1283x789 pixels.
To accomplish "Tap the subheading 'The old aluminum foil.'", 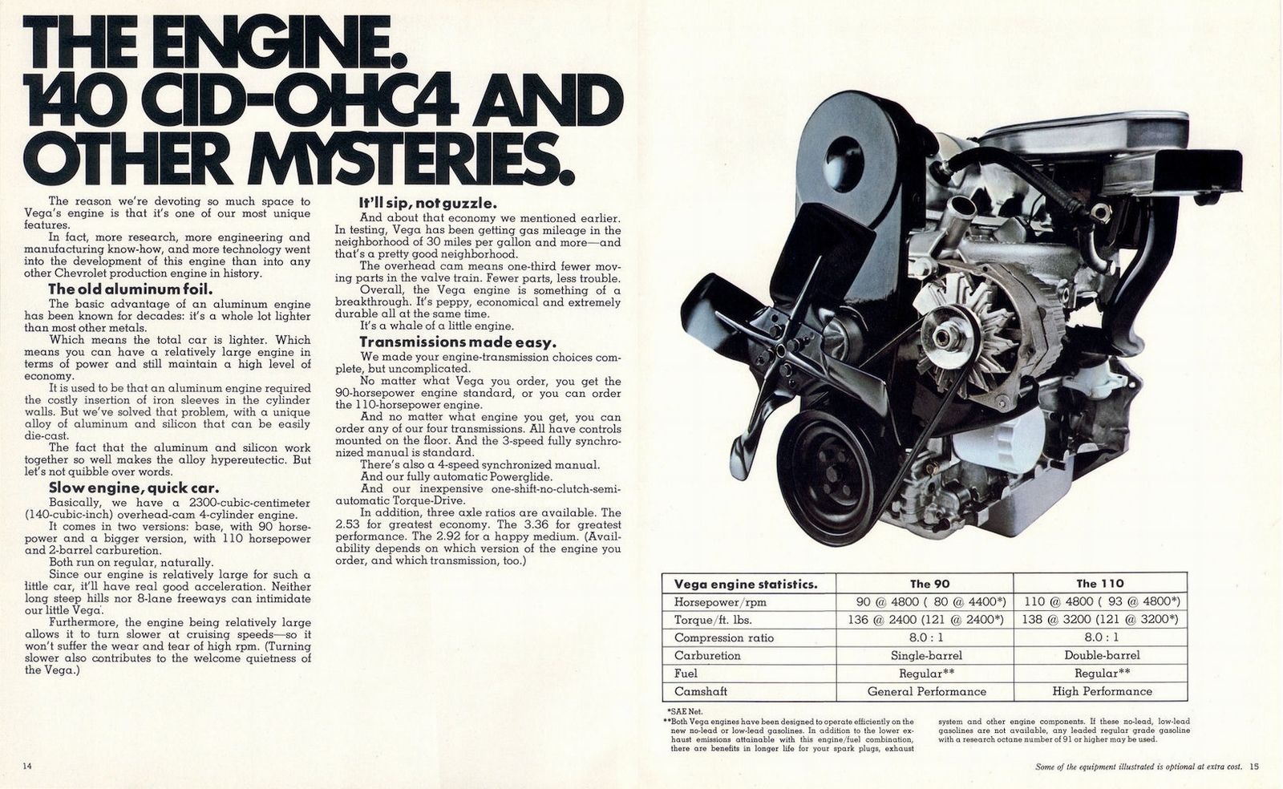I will tap(129, 289).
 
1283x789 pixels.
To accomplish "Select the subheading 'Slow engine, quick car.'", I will tap(134, 488).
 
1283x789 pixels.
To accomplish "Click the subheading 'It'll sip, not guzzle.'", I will tap(428, 204).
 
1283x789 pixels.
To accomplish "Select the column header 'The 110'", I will tap(1100, 584).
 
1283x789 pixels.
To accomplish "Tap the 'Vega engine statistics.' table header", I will tap(746, 584).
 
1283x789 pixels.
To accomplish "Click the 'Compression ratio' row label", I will tap(725, 637).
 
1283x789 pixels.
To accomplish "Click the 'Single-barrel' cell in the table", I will tap(926, 655).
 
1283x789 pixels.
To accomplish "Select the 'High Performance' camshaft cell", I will tap(1102, 691).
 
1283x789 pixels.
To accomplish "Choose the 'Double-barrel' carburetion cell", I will tap(1100, 655).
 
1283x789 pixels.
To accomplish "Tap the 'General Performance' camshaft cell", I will tap(926, 691).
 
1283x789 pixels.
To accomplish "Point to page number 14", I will tap(27, 767).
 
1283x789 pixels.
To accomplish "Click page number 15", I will tap(1254, 767).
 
